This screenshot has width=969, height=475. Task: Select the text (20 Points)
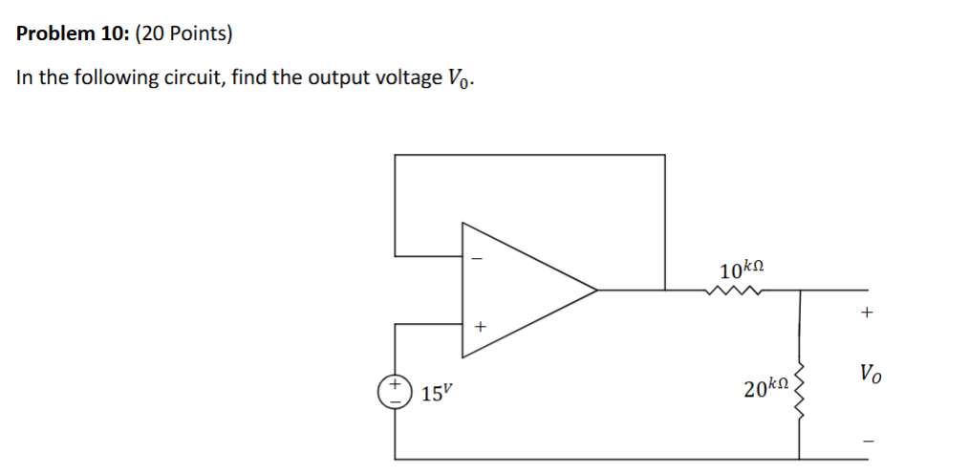coord(183,34)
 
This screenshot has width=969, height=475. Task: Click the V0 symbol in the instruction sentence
coord(459,78)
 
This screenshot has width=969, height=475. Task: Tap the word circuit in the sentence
coord(191,77)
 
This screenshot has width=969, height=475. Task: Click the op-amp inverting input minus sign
coord(480,258)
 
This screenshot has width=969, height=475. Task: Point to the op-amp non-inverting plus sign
coord(480,327)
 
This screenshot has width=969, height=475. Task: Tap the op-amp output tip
coord(596,289)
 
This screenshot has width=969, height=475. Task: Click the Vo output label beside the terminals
coord(870,372)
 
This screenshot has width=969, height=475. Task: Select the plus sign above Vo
coord(867,312)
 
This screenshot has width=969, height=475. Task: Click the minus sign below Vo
coord(868,441)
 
